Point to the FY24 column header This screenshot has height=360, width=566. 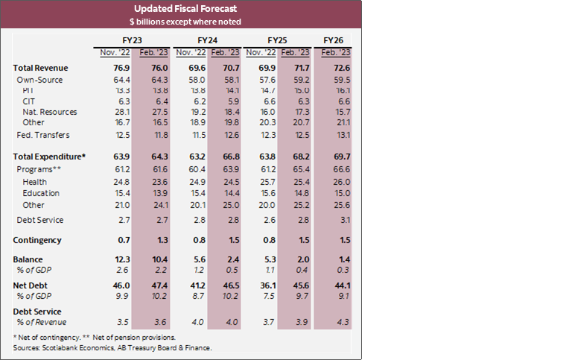coord(207,39)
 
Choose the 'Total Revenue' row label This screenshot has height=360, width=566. coord(40,68)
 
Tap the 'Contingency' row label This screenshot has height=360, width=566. coord(37,240)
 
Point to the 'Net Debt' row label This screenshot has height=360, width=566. coord(32,285)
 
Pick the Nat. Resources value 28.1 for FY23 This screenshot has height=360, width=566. coord(115,111)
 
